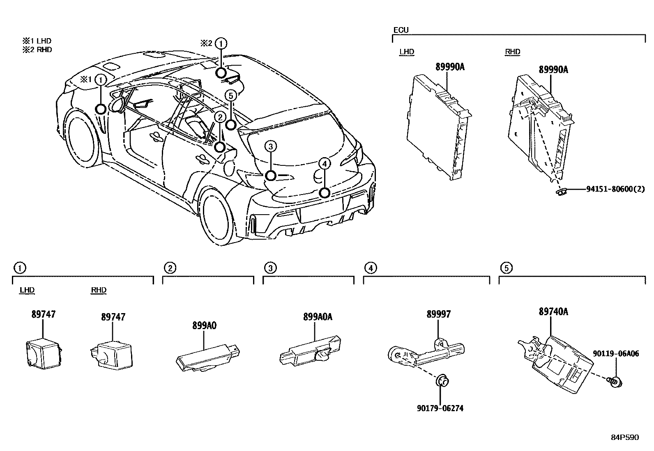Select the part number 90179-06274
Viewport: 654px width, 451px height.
(440, 408)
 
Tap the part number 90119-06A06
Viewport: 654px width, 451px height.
(616, 353)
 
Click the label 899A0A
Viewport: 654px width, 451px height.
(318, 316)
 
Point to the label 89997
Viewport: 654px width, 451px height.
(438, 314)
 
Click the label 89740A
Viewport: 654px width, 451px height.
(553, 311)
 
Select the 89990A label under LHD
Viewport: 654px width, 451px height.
(449, 67)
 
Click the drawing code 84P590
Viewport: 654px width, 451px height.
(624, 437)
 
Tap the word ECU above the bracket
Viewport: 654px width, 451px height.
(401, 30)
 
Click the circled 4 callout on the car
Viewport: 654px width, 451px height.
(324, 164)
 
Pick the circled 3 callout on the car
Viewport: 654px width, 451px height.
(270, 146)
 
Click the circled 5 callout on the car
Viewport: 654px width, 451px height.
(231, 96)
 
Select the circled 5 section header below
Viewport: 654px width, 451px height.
(506, 268)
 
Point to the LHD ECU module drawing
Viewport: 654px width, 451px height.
(438, 125)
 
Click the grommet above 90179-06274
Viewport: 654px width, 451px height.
(442, 381)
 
